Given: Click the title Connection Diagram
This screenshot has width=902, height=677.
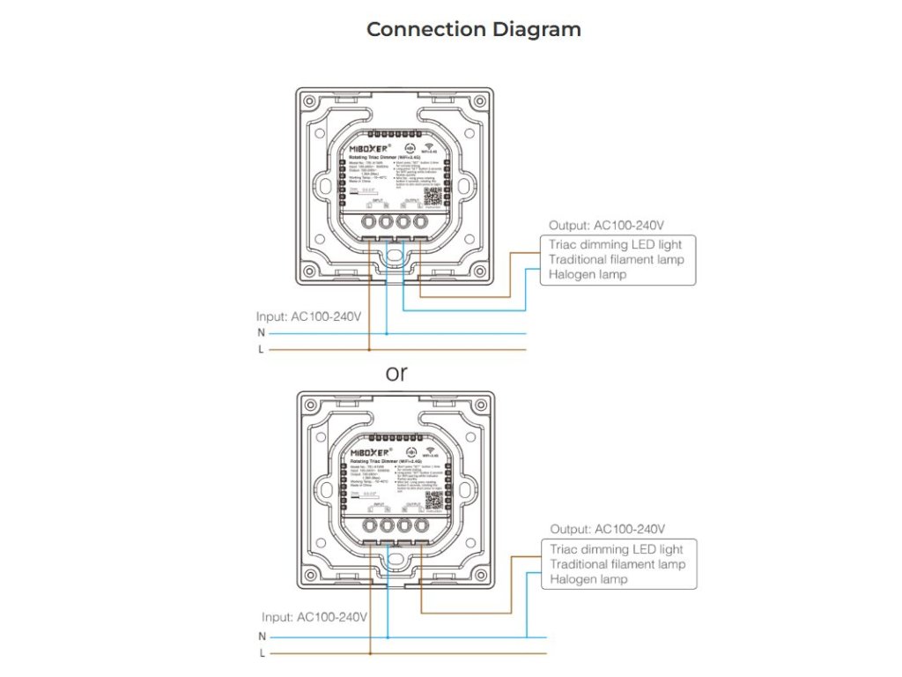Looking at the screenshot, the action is [473, 29].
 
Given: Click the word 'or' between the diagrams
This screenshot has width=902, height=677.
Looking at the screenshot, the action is [397, 373].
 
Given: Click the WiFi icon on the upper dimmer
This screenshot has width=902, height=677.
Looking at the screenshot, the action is [431, 149].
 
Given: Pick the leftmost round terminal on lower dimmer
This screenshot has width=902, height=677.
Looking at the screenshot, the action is [368, 527].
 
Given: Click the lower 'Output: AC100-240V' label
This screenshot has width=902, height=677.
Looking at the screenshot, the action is [608, 529].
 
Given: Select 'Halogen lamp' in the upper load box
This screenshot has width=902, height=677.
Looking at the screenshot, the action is [588, 275].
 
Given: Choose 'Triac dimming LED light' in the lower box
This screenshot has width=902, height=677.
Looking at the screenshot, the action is [616, 549].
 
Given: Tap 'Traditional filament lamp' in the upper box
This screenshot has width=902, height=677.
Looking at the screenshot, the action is [616, 259].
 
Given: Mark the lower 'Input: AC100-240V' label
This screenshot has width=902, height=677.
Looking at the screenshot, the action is [314, 617].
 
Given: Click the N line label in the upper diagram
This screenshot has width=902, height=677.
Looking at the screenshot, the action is [261, 333].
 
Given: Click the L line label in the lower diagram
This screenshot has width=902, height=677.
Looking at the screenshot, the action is [262, 653].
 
